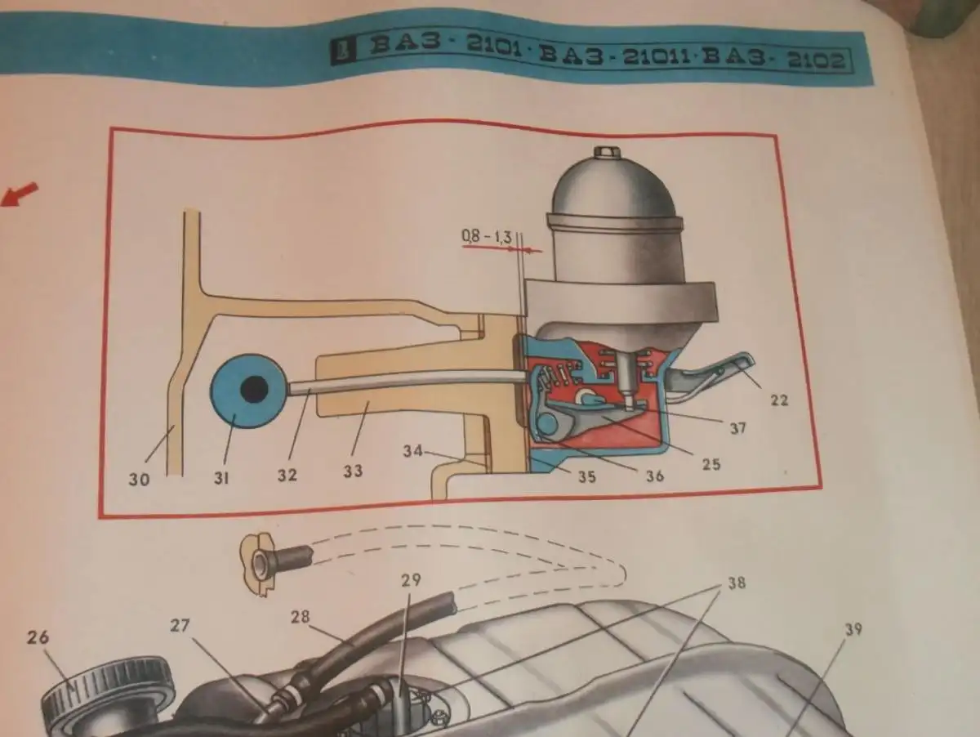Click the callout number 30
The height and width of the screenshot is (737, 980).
pyautogui.click(x=140, y=480)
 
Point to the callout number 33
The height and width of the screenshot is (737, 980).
pyautogui.click(x=353, y=471)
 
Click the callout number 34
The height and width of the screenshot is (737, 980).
pyautogui.click(x=414, y=450)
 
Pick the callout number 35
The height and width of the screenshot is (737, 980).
pyautogui.click(x=586, y=477)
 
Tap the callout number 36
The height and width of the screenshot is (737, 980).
pyautogui.click(x=654, y=475)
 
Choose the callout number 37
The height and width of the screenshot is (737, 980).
pyautogui.click(x=737, y=427)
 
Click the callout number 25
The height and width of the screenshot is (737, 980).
pyautogui.click(x=711, y=464)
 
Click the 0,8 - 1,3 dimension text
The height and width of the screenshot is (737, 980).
pyautogui.click(x=486, y=237)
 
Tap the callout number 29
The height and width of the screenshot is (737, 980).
pyautogui.click(x=410, y=581)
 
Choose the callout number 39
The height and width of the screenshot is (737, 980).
pyautogui.click(x=854, y=628)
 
